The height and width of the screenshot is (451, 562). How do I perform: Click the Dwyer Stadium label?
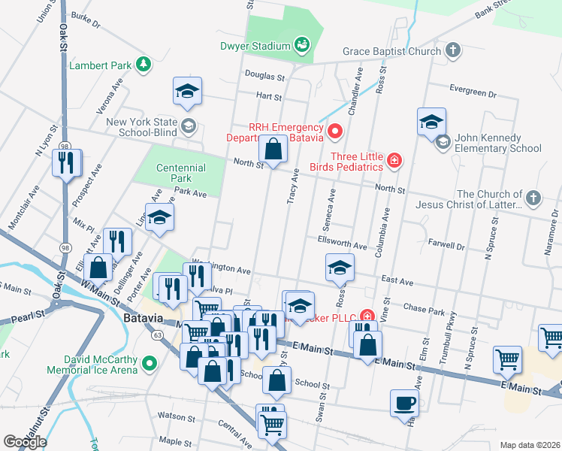tap(255, 46)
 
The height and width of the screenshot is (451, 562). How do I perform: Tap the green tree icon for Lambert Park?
tap(143, 65)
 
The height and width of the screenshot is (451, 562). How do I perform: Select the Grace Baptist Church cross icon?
tap(452, 51)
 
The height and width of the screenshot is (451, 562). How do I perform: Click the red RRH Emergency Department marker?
tap(335, 132)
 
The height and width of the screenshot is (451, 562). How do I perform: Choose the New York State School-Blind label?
tap(141, 126)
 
